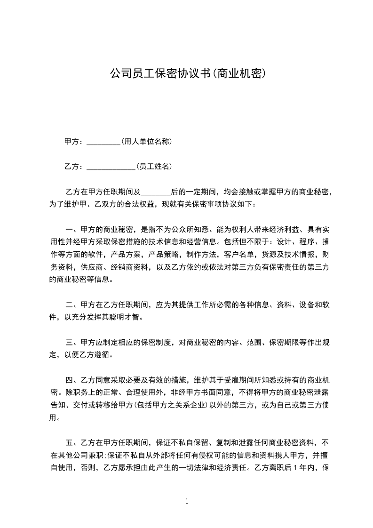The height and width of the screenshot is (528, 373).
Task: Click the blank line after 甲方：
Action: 104,142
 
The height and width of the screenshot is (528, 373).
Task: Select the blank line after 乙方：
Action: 111,167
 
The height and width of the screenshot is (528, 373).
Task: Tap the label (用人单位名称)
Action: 143,141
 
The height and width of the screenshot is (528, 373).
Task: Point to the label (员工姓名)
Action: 153,166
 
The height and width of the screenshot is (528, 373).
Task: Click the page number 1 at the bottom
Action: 187,501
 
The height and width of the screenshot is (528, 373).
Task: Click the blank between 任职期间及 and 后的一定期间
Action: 155,192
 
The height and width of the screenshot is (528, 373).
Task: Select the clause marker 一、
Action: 72,230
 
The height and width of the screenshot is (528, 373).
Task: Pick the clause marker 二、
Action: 72,304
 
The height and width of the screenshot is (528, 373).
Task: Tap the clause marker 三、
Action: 72,342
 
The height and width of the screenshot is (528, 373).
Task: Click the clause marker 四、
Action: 72,380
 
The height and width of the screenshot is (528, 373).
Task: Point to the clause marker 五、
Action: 72,442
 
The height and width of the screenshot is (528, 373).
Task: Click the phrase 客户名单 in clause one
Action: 239,255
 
